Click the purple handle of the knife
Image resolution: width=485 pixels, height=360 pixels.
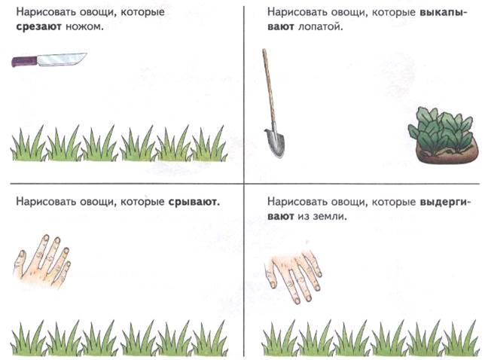click(24, 61)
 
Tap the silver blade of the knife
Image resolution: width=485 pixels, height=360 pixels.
click(61, 59)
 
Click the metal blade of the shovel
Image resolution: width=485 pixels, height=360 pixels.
click(275, 142)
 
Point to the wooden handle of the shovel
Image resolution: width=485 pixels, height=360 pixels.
click(268, 88)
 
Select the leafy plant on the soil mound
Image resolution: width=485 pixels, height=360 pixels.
click(441, 130)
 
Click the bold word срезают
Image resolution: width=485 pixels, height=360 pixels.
click(39, 27)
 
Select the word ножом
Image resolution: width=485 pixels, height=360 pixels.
click(84, 27)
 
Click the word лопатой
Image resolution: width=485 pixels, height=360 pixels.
click(321, 27)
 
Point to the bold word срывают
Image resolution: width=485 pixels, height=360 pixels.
click(194, 202)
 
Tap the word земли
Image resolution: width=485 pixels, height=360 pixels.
click(330, 216)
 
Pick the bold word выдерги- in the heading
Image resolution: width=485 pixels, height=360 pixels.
click(445, 202)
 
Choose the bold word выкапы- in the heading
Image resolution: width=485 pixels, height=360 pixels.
click(444, 12)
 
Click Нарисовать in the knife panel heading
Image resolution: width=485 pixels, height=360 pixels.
click(46, 12)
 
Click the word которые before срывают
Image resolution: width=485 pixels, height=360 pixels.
click(142, 202)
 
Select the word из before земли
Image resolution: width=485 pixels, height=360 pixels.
click(303, 216)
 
